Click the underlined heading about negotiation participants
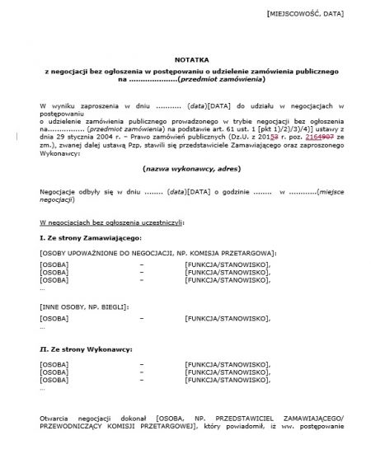pos(112,222)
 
